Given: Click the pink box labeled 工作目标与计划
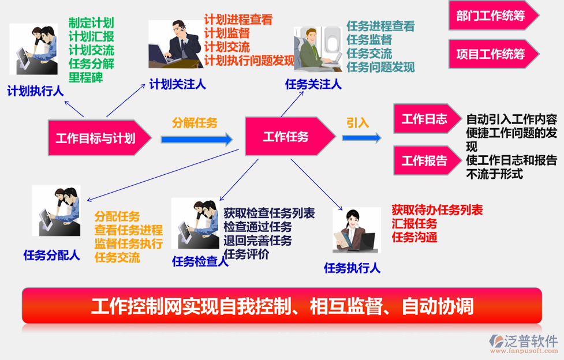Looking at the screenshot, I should tap(96, 138).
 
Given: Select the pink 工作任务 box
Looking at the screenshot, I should tap(286, 137).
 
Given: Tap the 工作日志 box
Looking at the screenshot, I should tap(424, 119).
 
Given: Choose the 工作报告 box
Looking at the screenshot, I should tap(424, 161).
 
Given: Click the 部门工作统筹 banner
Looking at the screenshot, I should tap(491, 16).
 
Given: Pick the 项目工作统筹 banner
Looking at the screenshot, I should tap(491, 54).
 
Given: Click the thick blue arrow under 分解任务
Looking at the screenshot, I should tap(196, 139).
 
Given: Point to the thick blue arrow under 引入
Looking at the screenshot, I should tap(361, 138).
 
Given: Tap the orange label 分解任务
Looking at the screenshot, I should tap(195, 122).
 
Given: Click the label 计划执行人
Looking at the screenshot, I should tap(35, 91).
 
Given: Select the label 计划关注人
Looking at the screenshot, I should tap(177, 84).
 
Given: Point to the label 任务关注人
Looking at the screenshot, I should tap(313, 84).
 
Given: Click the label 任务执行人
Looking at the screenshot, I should tap(352, 268).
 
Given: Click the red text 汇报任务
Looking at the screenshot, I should tap(414, 223).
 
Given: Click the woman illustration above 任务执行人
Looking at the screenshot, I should tap(357, 230).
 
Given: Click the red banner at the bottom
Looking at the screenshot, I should tap(282, 305).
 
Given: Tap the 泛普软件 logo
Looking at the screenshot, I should tap(523, 343).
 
